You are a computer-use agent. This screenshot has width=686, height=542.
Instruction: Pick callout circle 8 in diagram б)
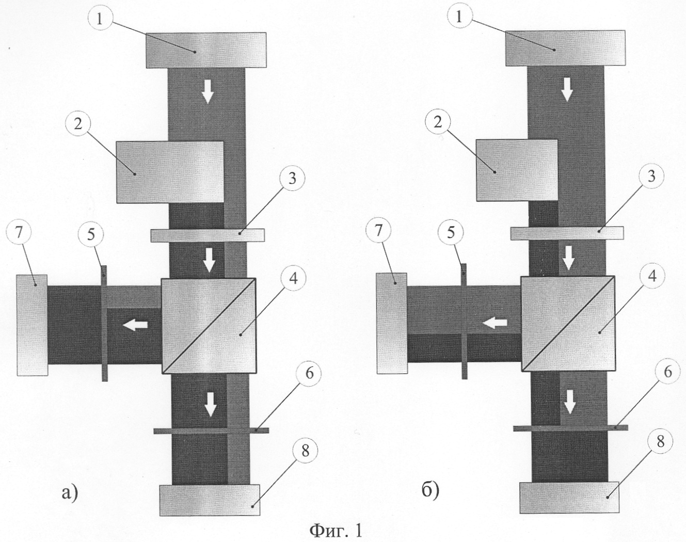click(x=665, y=443)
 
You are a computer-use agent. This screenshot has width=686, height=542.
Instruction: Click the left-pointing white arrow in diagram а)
click(x=135, y=325)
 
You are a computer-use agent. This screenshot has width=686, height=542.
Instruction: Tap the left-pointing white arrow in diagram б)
click(x=494, y=322)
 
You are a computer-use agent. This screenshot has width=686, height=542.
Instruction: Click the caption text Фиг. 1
click(x=336, y=530)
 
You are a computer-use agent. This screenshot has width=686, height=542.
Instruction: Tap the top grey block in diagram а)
click(x=206, y=50)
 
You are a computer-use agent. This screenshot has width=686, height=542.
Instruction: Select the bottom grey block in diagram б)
click(x=569, y=497)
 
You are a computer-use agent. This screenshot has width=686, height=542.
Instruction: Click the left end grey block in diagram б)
click(x=392, y=323)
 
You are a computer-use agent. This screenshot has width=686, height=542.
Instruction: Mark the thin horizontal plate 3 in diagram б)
click(x=567, y=232)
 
